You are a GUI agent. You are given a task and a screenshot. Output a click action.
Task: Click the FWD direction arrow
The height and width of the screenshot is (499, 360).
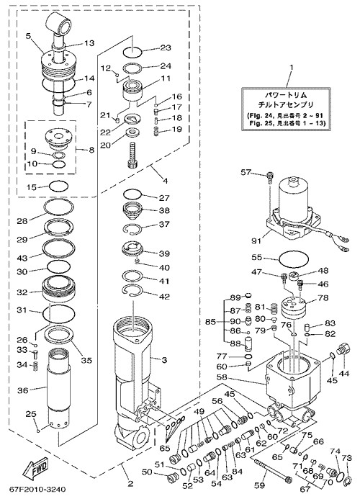tap(36, 469)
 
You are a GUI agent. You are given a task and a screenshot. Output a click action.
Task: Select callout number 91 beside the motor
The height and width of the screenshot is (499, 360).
tap(256, 241)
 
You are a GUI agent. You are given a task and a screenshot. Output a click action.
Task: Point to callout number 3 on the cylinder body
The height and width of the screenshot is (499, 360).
tap(163, 360)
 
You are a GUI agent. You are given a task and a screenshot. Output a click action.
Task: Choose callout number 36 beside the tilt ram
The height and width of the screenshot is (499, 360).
tap(22, 390)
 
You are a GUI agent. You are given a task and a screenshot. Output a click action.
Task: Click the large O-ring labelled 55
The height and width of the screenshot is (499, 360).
tap(294, 259)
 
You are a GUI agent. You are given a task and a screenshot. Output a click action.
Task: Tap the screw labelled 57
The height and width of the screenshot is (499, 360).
tap(270, 177)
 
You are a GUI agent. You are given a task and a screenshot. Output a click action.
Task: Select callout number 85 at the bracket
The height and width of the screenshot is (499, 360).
tap(210, 322)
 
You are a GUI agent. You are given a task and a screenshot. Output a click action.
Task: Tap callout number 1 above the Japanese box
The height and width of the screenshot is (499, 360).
tap(292, 68)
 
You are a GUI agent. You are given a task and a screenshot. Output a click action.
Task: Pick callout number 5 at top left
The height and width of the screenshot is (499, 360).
tap(28, 36)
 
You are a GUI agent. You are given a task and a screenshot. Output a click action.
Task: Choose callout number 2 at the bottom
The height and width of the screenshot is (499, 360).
tap(130, 485)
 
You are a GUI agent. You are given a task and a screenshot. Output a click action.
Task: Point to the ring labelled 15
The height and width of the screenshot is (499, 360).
tap(60, 186)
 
